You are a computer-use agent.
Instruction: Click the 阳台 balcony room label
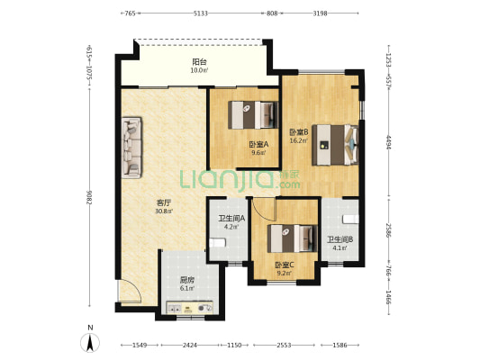pyautogui.click(x=199, y=62)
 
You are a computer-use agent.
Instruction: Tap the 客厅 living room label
pyautogui.click(x=164, y=202)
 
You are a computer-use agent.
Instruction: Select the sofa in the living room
pyautogui.click(x=132, y=148)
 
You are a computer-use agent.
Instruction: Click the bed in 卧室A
pyautogui.click(x=253, y=115)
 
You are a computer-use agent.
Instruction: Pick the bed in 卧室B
pyautogui.click(x=335, y=145)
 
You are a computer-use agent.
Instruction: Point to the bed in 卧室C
pyautogui.click(x=293, y=238)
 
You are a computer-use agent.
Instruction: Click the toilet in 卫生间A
pyautogui.click(x=218, y=243)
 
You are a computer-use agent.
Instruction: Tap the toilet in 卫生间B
pyautogui.click(x=350, y=220)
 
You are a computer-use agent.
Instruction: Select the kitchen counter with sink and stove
pyautogui.click(x=189, y=308)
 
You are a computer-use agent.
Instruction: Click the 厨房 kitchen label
pyautogui.click(x=186, y=280)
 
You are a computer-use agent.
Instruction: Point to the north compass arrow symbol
pyautogui.click(x=90, y=343)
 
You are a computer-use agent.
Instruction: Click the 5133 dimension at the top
pyautogui.click(x=201, y=13)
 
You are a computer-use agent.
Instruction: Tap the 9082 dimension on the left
pyautogui.click(x=89, y=198)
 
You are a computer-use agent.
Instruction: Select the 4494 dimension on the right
pyautogui.click(x=388, y=142)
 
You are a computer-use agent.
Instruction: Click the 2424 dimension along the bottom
pyautogui.click(x=190, y=346)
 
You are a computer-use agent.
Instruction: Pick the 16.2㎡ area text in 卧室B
pyautogui.click(x=298, y=140)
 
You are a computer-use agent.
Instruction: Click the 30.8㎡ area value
pyautogui.click(x=164, y=211)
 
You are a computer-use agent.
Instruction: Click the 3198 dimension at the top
pyautogui.click(x=320, y=13)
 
